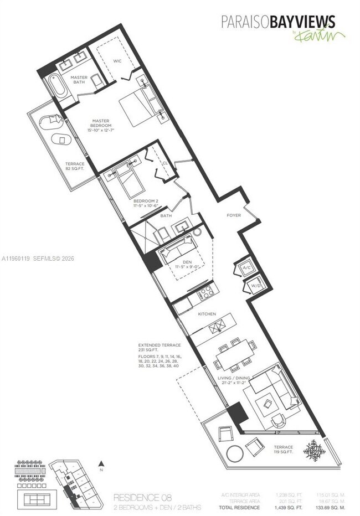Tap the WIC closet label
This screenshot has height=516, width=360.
(x=117, y=61)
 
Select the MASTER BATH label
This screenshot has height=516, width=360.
(x=79, y=80)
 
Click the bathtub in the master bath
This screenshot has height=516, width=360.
(x=56, y=87)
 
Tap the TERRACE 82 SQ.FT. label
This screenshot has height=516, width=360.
(x=75, y=167)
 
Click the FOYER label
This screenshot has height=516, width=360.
(x=233, y=215)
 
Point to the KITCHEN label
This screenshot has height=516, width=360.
(x=207, y=313)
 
